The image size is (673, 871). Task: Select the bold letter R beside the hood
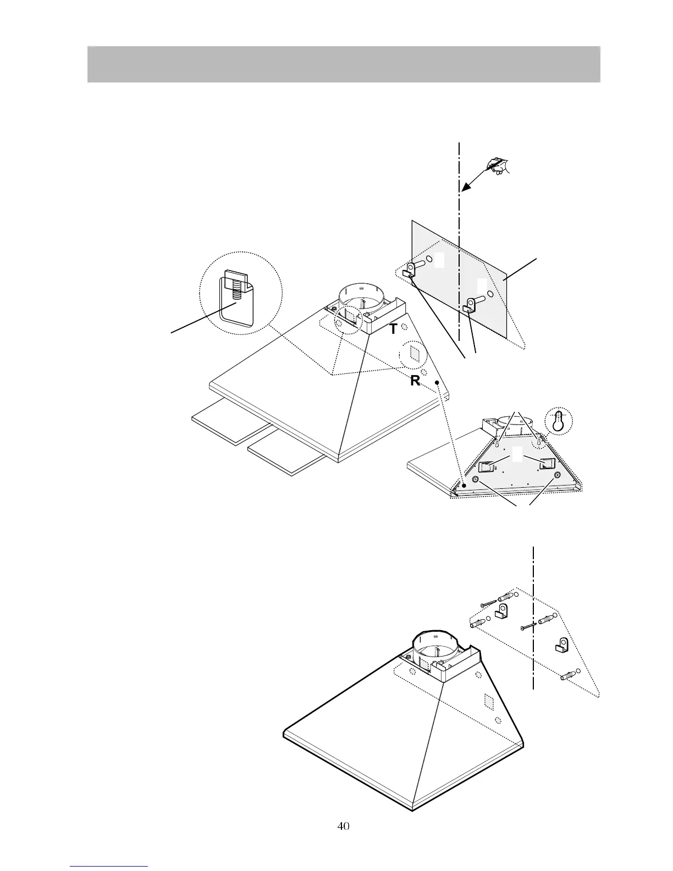tap(415, 381)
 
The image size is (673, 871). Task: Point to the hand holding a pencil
tap(498, 166)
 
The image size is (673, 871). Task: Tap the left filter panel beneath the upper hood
tap(229, 422)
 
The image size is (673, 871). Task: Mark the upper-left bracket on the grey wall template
tap(410, 270)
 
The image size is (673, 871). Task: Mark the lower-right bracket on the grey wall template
tap(471, 305)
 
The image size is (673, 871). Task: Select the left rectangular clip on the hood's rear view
tap(488, 466)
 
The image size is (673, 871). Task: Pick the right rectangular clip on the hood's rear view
tap(547, 464)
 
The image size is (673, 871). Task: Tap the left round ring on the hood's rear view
tap(476, 480)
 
